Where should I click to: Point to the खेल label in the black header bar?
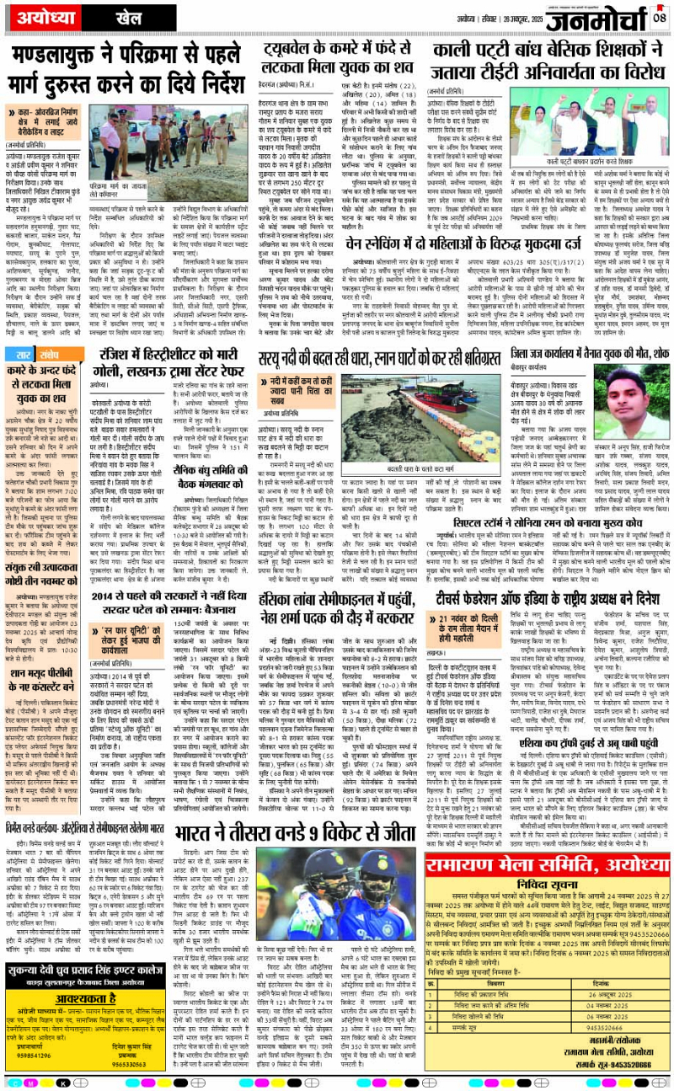point(106,16)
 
